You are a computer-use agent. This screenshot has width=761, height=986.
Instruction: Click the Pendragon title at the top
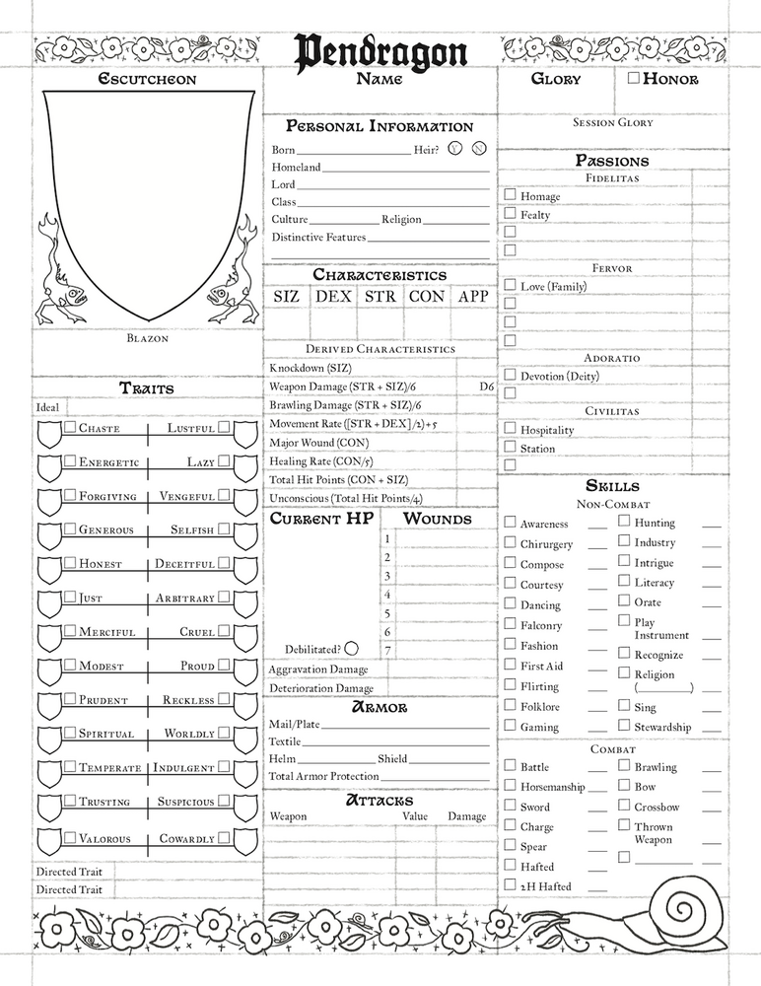[x=380, y=51]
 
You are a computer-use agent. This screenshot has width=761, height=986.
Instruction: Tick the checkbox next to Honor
[x=633, y=78]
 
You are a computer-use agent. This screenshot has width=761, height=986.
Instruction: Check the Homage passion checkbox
[x=510, y=196]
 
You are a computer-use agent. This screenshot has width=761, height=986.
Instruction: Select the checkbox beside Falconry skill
[x=510, y=624]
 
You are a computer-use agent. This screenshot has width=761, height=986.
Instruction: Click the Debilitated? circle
[x=351, y=649]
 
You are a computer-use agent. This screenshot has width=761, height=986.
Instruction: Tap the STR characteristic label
[x=380, y=296]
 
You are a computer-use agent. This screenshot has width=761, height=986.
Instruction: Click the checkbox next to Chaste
[x=70, y=428]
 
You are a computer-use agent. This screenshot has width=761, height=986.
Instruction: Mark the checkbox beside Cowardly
[x=225, y=838]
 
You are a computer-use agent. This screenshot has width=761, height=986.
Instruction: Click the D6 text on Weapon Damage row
[x=486, y=387]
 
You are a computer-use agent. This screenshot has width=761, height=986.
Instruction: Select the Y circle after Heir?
[x=453, y=149]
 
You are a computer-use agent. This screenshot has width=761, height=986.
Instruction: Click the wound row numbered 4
[x=387, y=595]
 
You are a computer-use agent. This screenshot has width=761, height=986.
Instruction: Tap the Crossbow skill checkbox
[x=624, y=806]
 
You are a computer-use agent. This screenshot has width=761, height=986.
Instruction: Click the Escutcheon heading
[x=147, y=79]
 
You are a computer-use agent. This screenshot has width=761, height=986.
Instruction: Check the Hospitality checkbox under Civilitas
[x=510, y=429]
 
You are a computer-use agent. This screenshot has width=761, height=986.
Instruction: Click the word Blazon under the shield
[x=148, y=338]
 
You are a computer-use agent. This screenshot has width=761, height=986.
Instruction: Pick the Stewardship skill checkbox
[x=624, y=727]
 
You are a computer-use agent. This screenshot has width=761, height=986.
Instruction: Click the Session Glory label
[x=612, y=123]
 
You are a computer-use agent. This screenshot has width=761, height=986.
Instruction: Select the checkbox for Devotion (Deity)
[x=510, y=375]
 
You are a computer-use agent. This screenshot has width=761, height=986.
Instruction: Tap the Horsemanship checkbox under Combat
[x=510, y=786]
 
